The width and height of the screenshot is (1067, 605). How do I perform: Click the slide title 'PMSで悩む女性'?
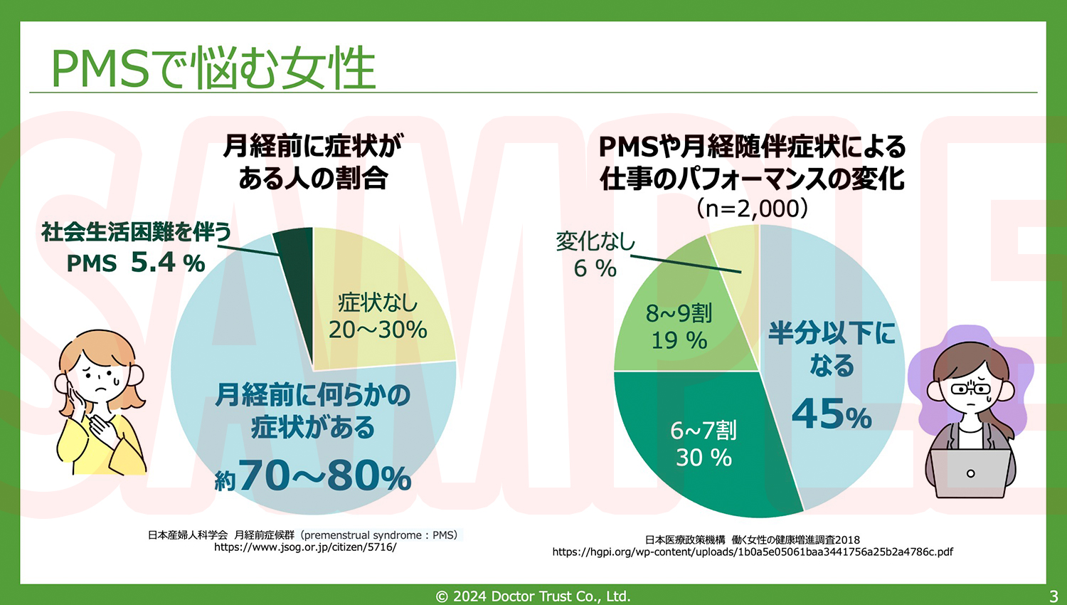point(213,69)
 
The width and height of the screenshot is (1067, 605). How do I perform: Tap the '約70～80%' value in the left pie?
point(314,476)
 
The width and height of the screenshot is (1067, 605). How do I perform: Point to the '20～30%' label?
point(378,330)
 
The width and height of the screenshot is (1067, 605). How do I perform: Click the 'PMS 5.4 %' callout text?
point(136,263)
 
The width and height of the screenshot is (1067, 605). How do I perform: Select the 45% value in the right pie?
point(832,414)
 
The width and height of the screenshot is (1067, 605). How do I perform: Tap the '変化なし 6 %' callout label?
point(595,255)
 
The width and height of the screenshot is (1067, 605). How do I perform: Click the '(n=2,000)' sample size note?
point(753,209)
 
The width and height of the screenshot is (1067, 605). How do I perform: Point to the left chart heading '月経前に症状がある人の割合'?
point(313,162)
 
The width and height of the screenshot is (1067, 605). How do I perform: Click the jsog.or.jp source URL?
point(305,547)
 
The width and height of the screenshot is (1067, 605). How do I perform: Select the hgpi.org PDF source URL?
point(753,552)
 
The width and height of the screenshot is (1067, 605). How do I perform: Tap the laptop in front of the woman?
point(970,473)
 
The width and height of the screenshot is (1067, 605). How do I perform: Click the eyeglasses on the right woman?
point(970,389)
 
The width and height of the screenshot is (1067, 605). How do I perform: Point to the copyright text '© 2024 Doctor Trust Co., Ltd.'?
point(533,596)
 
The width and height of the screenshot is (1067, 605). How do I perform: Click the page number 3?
point(1053,596)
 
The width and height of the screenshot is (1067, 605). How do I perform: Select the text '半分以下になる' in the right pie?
point(832,349)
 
